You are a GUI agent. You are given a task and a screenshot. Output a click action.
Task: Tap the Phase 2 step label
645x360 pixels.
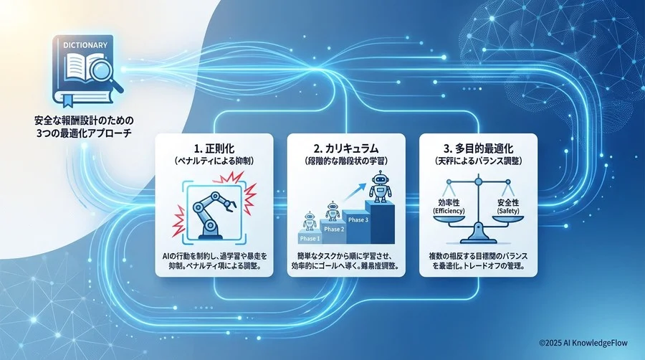point(334,229)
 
